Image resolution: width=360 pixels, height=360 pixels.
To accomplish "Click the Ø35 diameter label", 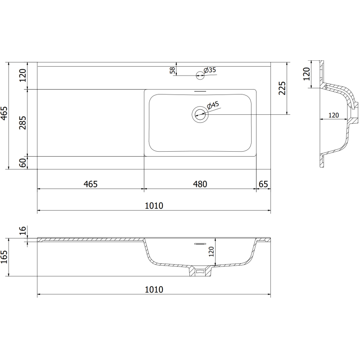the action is point(210,70).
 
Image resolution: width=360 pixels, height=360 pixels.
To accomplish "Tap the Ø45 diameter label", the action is point(213,105).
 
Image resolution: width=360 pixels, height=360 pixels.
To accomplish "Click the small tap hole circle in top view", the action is point(200,75).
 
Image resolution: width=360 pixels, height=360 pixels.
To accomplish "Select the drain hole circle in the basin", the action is point(200,114).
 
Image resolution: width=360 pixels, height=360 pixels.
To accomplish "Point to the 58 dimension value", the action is point(172,71).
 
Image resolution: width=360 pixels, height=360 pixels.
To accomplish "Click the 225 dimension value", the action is point(282,88).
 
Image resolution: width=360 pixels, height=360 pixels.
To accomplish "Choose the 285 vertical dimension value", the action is point(22,123).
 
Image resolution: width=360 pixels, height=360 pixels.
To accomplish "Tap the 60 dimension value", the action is point(22,163).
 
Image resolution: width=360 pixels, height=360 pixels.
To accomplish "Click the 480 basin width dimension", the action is point(200,184).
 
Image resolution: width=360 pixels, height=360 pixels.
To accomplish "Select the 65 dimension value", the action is point(263,184).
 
